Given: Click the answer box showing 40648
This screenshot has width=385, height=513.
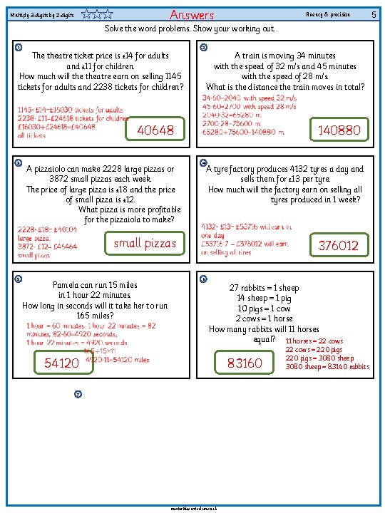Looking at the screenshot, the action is click(x=155, y=130).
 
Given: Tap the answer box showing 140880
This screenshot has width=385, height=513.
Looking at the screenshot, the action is click(x=339, y=130).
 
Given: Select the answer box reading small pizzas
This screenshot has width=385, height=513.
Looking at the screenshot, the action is click(x=145, y=244).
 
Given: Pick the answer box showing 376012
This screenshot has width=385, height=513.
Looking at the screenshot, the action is click(x=339, y=245).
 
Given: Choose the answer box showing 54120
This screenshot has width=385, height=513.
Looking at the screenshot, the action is click(x=62, y=363).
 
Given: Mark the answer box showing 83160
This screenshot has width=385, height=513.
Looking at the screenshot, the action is click(x=245, y=363).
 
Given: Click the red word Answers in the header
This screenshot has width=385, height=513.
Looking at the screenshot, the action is click(x=192, y=15).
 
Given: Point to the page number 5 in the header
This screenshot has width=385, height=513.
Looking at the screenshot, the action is click(x=374, y=14).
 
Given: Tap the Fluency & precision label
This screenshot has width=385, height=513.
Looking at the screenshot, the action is click(x=327, y=14).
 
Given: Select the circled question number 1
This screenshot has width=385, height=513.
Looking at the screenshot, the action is click(x=19, y=48).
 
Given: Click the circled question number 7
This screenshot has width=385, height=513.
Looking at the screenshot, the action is click(x=78, y=394).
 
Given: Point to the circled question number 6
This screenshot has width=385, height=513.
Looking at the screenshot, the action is click(x=204, y=279).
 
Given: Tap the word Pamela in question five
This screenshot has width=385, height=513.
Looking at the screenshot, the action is click(x=70, y=285).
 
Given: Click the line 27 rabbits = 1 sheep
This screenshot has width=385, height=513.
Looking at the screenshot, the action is click(x=264, y=288).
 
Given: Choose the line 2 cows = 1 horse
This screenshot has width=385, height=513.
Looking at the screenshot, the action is click(x=264, y=318).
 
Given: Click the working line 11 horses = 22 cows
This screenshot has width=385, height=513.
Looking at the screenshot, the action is click(x=314, y=341).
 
